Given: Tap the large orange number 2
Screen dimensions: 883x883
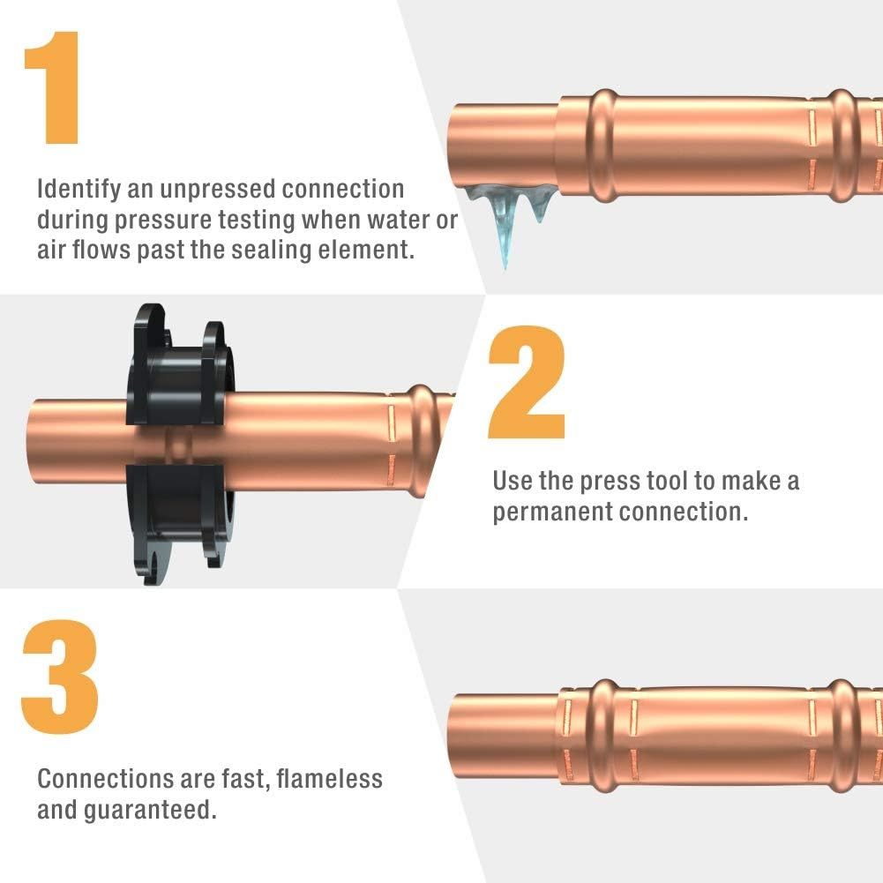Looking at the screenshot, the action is (x=527, y=382).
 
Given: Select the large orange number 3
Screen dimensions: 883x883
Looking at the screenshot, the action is (x=60, y=677).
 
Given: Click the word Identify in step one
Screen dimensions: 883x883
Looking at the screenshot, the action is (x=79, y=190).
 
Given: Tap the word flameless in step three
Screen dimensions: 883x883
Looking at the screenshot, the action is (x=329, y=779).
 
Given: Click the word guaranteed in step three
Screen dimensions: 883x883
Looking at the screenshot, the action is (x=150, y=811).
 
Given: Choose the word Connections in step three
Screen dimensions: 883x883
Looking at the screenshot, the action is (x=105, y=779).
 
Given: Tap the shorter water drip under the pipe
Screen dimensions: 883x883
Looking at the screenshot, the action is (x=538, y=206).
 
